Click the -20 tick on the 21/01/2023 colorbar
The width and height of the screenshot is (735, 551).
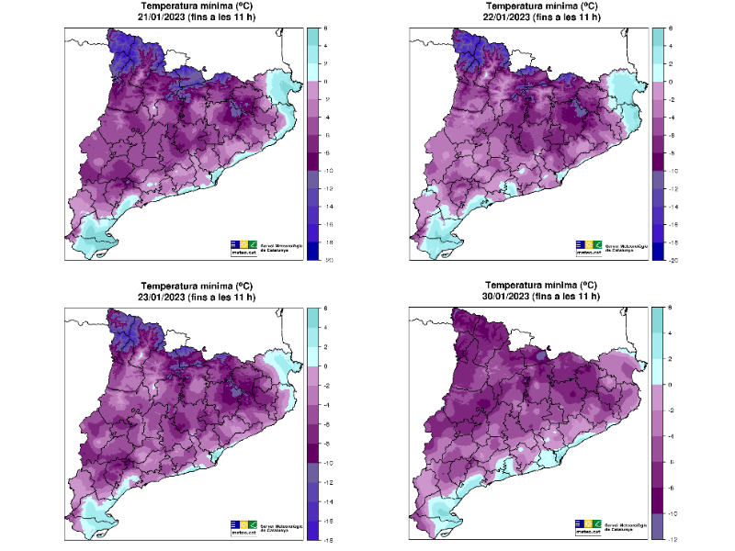327,260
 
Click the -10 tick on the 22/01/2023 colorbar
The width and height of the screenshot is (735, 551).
672,171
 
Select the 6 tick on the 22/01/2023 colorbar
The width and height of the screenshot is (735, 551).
670,28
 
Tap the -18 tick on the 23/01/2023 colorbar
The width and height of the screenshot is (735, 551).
327,538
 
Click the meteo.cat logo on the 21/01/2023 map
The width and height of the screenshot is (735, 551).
243,245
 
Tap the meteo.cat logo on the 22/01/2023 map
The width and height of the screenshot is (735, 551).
589,245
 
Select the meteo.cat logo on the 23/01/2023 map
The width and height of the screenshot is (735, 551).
243,526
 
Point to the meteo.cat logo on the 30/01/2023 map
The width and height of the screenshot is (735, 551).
589,524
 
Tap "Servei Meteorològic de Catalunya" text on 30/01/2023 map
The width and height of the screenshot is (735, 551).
629,524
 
